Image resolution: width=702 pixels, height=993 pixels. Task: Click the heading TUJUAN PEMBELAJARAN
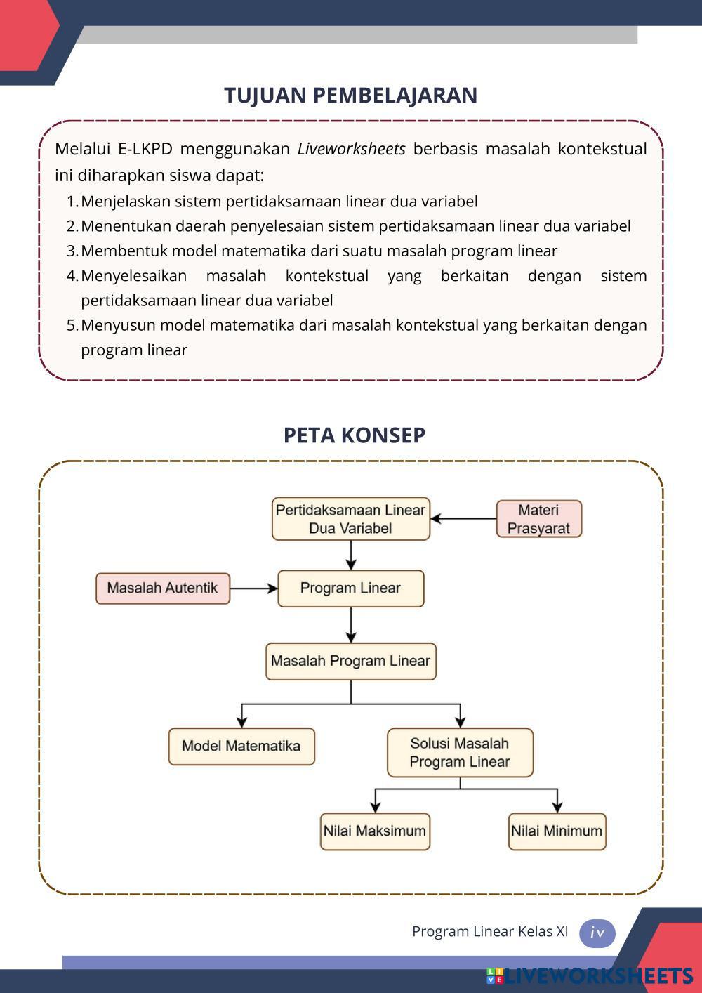tap(350, 96)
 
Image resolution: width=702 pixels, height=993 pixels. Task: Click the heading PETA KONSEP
tap(354, 435)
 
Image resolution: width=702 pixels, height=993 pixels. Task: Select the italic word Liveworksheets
tap(352, 149)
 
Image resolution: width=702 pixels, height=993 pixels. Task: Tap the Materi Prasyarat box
tap(538, 519)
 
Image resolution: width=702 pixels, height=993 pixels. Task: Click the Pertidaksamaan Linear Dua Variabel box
tap(350, 519)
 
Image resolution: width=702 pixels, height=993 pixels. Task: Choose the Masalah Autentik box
tap(162, 588)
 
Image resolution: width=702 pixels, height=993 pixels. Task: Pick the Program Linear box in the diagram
tap(350, 588)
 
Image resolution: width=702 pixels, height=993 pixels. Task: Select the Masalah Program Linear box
tap(350, 662)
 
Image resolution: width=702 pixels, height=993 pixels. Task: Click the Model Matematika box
tap(241, 747)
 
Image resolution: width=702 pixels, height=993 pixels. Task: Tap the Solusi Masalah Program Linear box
tap(460, 753)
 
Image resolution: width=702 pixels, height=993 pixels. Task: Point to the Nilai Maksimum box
tap(374, 831)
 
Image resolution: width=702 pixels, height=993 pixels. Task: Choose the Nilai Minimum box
tap(557, 831)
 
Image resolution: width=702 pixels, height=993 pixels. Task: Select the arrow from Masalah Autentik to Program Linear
tap(253, 588)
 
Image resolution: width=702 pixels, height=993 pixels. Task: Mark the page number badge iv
tap(597, 933)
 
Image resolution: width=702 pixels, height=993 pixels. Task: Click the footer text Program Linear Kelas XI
tap(490, 932)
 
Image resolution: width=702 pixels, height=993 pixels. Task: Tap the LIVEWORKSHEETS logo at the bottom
tap(590, 975)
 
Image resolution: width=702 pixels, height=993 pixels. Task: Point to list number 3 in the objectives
tap(72, 251)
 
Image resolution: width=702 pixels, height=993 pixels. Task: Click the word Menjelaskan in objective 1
tap(126, 202)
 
